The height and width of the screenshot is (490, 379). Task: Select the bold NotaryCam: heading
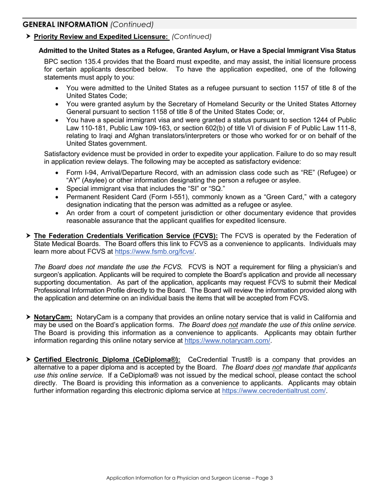(x=53, y=318)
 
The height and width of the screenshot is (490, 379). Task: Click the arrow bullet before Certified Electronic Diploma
(x=28, y=359)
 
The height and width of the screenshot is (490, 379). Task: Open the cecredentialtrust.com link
(x=274, y=391)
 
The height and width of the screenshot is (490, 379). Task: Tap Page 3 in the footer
(x=264, y=478)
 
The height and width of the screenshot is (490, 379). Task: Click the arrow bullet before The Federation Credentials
(x=28, y=236)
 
